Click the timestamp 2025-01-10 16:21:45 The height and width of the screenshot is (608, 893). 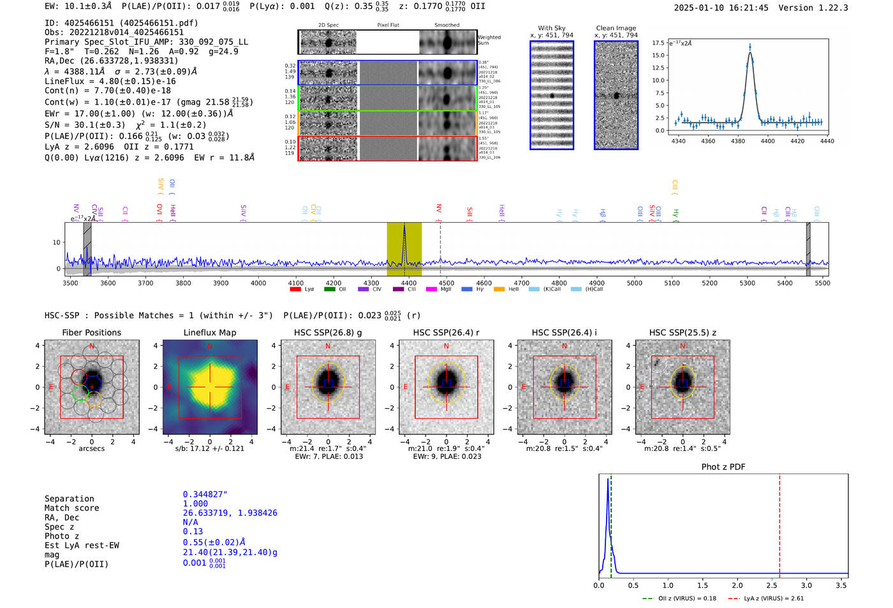pos(721,8)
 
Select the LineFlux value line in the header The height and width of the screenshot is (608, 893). pos(110,81)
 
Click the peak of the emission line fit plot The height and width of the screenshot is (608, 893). pos(750,47)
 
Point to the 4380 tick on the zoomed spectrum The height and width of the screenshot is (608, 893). pos(738,141)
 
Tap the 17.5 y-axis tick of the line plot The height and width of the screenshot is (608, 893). pos(658,43)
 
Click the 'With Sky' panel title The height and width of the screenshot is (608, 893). pos(551,28)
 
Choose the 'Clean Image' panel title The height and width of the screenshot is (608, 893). pos(616,28)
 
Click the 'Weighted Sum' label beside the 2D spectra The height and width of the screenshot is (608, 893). pos(489,40)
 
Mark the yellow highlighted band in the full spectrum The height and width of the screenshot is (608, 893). pos(404,249)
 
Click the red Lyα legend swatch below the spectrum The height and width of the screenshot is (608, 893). pos(295,289)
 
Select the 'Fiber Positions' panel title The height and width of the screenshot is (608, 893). pos(91,332)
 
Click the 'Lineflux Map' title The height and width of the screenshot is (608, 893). pos(209,332)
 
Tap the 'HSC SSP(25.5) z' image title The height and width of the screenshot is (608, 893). pos(683,332)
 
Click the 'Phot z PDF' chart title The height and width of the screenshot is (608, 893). pos(723,467)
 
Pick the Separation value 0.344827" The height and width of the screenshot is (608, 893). pos(205,494)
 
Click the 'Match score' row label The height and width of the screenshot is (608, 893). pos(71,508)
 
